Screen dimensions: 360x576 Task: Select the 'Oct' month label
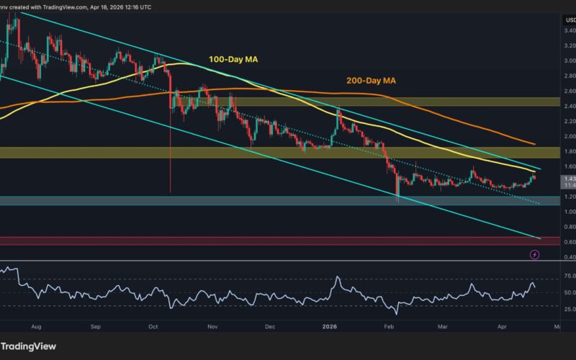pyautogui.click(x=153, y=326)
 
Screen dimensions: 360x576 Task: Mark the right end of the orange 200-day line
pyautogui.click(x=534, y=144)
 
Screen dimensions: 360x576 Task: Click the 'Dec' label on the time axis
pyautogui.click(x=270, y=326)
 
